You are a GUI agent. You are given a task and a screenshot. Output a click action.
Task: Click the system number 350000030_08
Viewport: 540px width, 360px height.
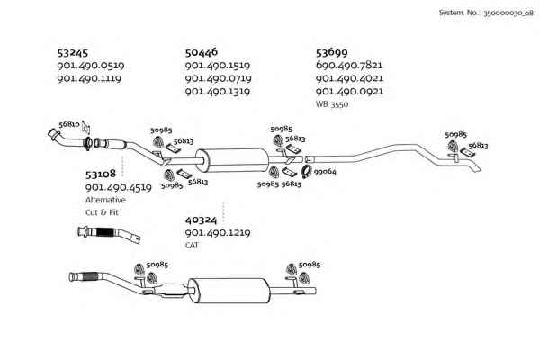508,13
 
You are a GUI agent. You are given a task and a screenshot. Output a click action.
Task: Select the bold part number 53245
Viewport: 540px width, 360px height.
73,53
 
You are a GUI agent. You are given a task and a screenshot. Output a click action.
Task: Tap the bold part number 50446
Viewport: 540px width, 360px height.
202,52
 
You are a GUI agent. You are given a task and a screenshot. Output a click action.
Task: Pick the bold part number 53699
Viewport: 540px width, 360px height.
331,52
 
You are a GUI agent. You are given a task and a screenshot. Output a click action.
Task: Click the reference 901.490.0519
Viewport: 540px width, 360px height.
91,66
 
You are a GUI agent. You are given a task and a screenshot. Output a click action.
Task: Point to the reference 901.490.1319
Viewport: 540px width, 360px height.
218,92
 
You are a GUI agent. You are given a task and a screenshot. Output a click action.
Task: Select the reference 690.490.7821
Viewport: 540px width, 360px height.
349,65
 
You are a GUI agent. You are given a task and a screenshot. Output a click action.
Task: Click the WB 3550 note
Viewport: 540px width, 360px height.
332,104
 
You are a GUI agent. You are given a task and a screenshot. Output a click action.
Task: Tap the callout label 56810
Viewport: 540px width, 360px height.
69,124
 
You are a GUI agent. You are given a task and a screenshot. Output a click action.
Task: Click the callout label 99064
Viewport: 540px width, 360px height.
325,171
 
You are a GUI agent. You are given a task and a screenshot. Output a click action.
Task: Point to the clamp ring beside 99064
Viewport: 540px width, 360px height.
306,172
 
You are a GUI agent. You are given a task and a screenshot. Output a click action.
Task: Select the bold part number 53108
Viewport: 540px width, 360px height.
101,175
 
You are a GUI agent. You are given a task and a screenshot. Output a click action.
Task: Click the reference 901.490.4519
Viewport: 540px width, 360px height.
119,187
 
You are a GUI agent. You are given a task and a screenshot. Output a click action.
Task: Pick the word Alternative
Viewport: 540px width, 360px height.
105,200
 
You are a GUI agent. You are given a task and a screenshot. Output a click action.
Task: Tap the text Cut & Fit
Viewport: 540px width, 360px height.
102,212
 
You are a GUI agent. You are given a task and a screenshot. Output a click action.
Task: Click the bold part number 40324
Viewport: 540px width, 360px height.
201,220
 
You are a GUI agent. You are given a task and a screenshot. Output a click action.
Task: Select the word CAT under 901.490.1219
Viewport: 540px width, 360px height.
192,245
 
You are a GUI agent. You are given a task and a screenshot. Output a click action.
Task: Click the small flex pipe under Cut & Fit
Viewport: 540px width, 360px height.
109,234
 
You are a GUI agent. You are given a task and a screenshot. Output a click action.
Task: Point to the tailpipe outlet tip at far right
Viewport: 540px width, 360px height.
481,170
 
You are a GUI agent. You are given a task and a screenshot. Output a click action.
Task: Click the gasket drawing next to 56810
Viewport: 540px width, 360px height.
86,128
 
